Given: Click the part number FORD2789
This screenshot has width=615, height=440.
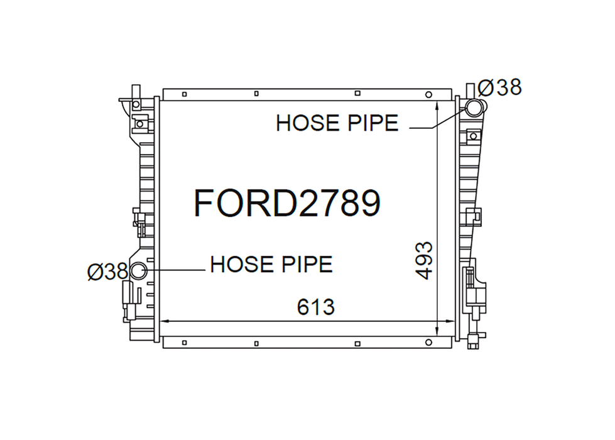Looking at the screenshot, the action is (x=287, y=203).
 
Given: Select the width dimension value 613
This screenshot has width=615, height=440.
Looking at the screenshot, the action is (x=316, y=307).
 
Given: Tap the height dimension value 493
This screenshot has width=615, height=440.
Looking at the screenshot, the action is (x=424, y=260).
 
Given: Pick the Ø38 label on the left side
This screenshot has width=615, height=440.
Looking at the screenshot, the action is (x=108, y=271).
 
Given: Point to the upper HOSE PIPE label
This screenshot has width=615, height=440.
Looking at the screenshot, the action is (x=337, y=123).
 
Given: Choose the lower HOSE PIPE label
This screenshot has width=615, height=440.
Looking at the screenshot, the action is (x=271, y=264).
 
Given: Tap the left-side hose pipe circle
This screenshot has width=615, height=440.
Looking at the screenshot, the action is (x=138, y=271).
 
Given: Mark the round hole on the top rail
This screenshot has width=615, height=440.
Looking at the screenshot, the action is (x=428, y=94).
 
